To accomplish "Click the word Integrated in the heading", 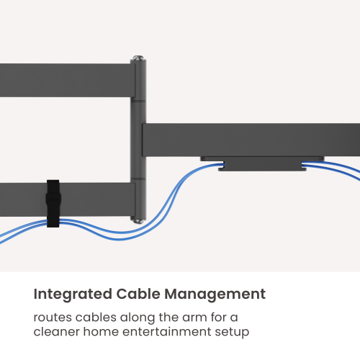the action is click(73, 294).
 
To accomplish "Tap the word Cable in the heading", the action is click(138, 294).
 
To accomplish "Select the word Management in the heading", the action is click(215, 294).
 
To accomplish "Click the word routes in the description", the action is click(53, 318).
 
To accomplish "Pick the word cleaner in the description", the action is click(57, 332).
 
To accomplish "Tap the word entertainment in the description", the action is click(167, 332).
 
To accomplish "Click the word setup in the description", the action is click(232, 333).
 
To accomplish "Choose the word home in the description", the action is click(101, 332).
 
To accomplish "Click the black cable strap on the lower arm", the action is click(53, 204).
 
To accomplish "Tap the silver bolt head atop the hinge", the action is click(138, 58).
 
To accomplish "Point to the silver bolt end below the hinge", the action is click(138, 221).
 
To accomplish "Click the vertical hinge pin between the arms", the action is click(138, 140).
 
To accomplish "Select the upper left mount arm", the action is click(67, 80).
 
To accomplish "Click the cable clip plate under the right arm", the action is click(262, 163).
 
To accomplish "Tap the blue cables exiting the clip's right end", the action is click(330, 167).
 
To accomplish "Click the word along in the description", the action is click(138, 318).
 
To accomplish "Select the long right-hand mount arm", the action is click(251, 140).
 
